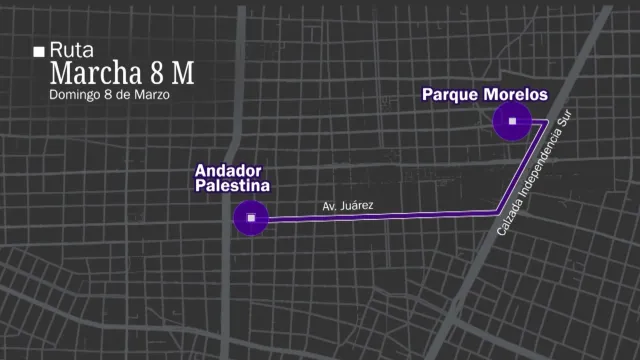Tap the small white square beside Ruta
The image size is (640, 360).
39,51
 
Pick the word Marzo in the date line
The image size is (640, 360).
151,95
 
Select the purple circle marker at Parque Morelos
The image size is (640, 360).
512,122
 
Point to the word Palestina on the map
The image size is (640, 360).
232,186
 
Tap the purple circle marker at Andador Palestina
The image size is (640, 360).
251,218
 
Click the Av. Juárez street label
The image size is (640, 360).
348,206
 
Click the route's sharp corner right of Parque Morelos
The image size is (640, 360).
545,122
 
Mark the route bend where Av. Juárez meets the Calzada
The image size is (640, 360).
499,210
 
